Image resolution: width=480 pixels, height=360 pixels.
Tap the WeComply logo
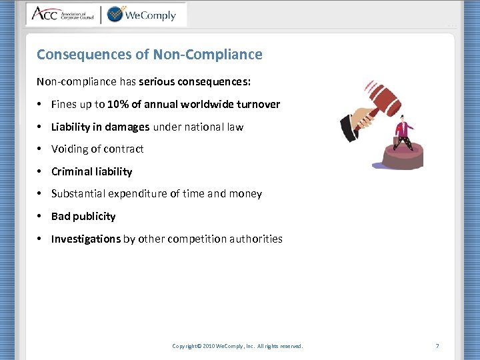click(141, 14)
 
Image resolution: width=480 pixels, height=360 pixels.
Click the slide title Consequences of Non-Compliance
click(149, 55)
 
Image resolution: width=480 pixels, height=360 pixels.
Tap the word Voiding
click(70, 149)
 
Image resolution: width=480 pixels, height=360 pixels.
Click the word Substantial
click(78, 194)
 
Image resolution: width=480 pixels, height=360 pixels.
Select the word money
click(246, 194)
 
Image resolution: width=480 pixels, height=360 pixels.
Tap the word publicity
click(93, 217)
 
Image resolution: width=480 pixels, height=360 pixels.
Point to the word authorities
click(257, 239)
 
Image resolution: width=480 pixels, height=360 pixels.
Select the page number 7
click(437, 346)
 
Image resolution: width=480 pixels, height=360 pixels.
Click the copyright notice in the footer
click(237, 346)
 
